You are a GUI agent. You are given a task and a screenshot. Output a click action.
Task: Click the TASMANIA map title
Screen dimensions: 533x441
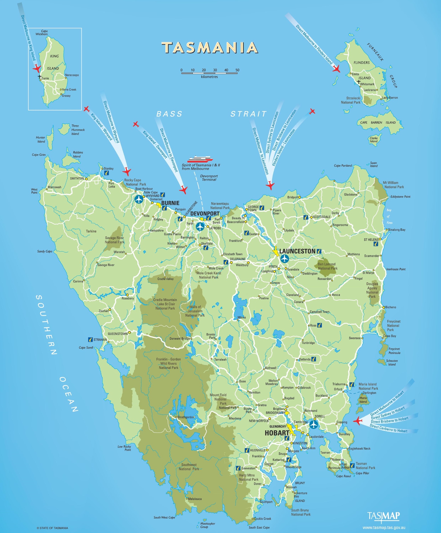click(x=209, y=47)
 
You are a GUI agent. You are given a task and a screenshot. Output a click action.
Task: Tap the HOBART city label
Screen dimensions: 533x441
click(x=277, y=433)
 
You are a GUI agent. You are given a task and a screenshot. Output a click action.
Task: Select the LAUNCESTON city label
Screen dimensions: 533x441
click(x=297, y=251)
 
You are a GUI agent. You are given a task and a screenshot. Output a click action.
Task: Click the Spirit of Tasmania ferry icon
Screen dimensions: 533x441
click(x=200, y=159)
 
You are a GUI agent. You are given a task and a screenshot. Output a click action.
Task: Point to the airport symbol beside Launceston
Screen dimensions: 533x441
click(x=284, y=259)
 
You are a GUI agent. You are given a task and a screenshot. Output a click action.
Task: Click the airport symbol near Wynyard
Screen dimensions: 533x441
click(x=139, y=199)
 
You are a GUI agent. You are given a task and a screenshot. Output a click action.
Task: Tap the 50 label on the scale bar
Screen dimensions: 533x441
click(x=237, y=70)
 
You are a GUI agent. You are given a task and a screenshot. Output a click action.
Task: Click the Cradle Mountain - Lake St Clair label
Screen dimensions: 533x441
click(x=165, y=304)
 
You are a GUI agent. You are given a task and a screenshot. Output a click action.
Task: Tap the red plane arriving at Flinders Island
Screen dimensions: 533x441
click(x=336, y=69)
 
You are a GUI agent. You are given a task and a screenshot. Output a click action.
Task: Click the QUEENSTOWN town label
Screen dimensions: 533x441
click(x=117, y=334)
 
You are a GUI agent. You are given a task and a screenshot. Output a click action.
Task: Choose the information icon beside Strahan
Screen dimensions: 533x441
click(x=90, y=340)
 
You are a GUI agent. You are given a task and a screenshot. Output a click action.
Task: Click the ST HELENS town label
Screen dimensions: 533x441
click(x=371, y=240)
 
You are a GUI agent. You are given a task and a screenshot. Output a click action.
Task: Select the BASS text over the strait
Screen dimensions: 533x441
click(x=169, y=114)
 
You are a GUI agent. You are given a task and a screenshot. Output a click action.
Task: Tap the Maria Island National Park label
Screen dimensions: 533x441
click(x=368, y=386)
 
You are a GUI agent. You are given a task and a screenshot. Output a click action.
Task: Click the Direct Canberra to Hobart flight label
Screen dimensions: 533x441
click(x=388, y=428)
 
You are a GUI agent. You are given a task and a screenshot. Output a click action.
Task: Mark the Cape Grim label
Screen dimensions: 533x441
click(x=38, y=155)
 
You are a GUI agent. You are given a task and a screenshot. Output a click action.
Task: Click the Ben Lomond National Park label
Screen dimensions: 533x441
click(x=327, y=266)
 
